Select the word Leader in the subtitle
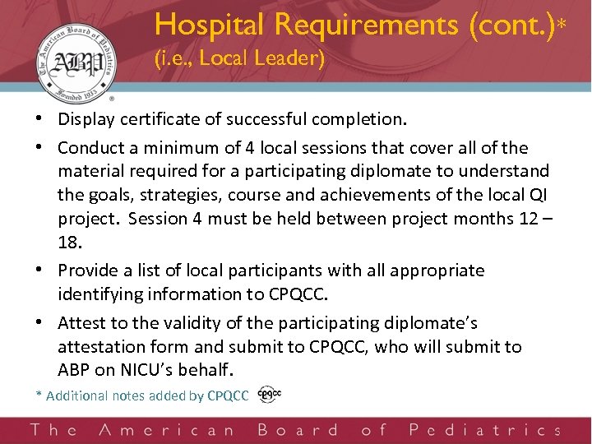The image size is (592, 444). pyautogui.click(x=295, y=60)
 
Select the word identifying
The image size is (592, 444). pyautogui.click(x=96, y=294)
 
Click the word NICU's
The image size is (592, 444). pyautogui.click(x=146, y=370)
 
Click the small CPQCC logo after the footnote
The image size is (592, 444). pyautogui.click(x=269, y=395)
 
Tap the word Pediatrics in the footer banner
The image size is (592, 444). pyautogui.click(x=484, y=430)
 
